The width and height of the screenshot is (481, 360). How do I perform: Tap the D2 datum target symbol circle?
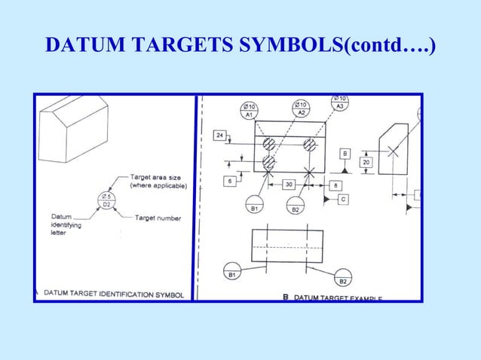tap(106, 200)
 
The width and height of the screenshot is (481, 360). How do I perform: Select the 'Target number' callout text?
tap(158, 218)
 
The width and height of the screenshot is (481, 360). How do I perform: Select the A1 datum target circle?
tap(248, 111)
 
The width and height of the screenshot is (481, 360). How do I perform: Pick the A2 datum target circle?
tap(301, 109)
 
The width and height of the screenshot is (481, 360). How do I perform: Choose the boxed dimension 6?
tap(228, 181)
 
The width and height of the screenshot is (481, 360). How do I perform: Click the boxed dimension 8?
tap(334, 185)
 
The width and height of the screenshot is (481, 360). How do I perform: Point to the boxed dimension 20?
tap(366, 162)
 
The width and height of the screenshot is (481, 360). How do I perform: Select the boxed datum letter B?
tap(345, 153)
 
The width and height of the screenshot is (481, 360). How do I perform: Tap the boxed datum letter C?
tap(343, 199)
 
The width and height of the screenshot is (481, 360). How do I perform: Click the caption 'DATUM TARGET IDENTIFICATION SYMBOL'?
tap(113, 294)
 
